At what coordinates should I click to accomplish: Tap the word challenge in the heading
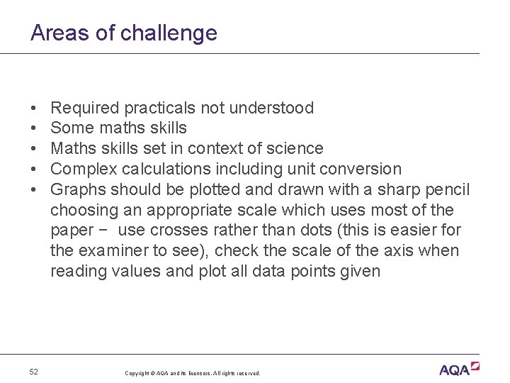169,33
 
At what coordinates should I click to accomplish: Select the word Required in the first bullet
85,109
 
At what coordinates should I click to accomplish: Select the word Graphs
76,190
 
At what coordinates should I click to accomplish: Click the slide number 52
34,372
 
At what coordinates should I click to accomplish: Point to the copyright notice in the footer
193,373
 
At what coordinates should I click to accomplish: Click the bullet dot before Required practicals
34,109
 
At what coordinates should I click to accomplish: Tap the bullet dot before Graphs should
34,190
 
